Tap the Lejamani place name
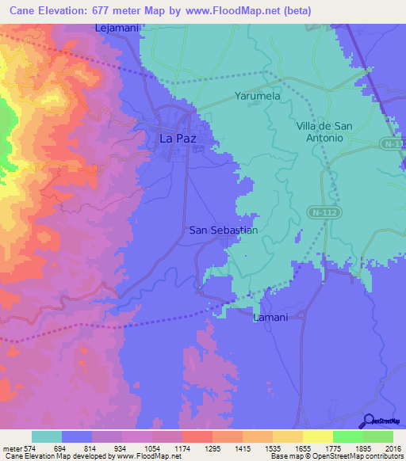pos(117,28)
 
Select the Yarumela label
pos(258,96)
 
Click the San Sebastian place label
pos(224,230)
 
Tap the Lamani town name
pos(270,317)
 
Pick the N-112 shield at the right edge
pos(391,143)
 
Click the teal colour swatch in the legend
pos(47,436)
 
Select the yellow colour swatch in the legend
pos(317,436)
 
